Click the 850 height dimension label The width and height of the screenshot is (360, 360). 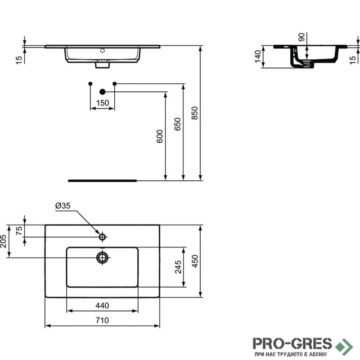point(194,113)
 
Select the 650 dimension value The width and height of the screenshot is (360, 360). point(177,124)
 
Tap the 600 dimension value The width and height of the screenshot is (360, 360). point(160,136)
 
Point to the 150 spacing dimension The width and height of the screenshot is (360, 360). point(103,103)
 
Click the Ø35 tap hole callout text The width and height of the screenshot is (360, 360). point(63,206)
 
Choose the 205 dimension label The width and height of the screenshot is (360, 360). point(3,241)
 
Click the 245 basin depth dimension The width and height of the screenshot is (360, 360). point(178,267)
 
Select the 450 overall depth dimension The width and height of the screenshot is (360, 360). point(195,261)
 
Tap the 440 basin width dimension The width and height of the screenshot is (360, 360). point(102,306)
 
